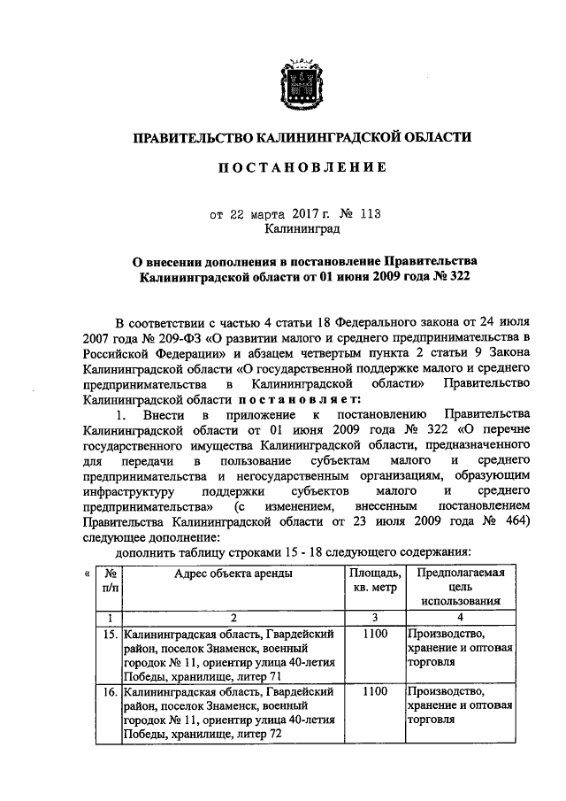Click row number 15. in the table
(111, 634)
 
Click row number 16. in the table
(111, 690)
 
